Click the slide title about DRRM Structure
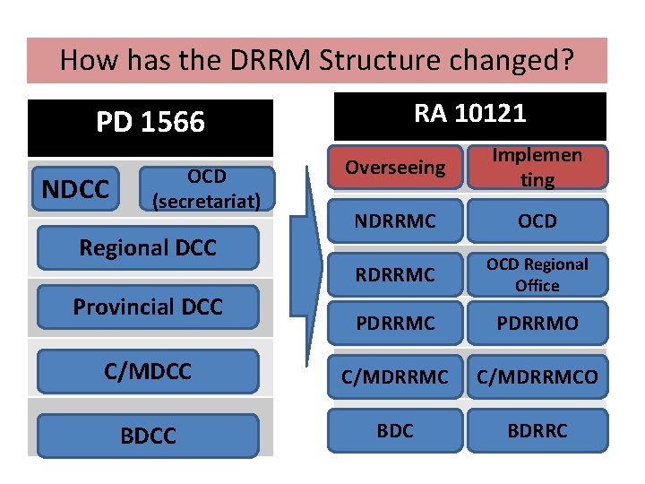tap(316, 60)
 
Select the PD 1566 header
tap(150, 123)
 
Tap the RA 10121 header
tap(469, 114)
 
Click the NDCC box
tap(76, 189)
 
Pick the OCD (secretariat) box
tap(207, 188)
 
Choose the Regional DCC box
tap(148, 247)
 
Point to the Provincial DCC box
tap(148, 307)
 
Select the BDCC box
tap(148, 436)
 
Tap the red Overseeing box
tap(395, 168)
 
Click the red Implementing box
tap(537, 168)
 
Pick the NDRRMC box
tap(395, 220)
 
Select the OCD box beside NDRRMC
tap(537, 220)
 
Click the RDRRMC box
tap(395, 274)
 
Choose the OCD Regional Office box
tap(537, 274)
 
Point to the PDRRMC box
tap(395, 323)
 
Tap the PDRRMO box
tap(537, 323)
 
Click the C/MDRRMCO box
tap(537, 377)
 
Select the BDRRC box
tap(537, 430)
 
